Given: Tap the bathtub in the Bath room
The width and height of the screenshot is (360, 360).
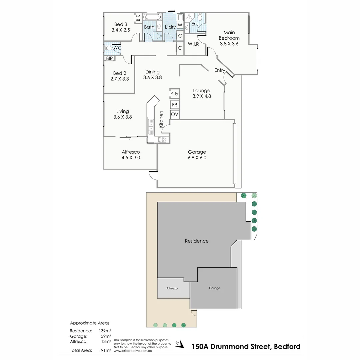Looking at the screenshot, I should pos(152,17).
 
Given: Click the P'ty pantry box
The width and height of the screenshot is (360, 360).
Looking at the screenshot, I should pos(174,94).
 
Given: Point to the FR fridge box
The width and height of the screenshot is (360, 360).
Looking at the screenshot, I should pos(174,104).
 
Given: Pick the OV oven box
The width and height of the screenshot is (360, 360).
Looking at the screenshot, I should pos(174,114).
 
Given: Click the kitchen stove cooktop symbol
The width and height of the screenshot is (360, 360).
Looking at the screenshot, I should pos(162,139).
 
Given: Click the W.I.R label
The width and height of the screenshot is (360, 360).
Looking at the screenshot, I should pos(193,44).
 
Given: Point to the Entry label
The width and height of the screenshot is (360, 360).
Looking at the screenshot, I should pos(220,70).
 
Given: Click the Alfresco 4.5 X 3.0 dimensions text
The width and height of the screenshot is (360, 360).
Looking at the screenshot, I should pos(131,158).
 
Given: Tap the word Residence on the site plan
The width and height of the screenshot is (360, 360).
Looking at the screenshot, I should pos(197,241).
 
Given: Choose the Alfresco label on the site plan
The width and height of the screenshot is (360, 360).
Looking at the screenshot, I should pos(172,288).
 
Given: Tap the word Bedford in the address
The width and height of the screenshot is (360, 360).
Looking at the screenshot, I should pos(287,346).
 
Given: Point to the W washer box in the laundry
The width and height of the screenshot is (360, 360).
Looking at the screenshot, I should pos(180,25).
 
